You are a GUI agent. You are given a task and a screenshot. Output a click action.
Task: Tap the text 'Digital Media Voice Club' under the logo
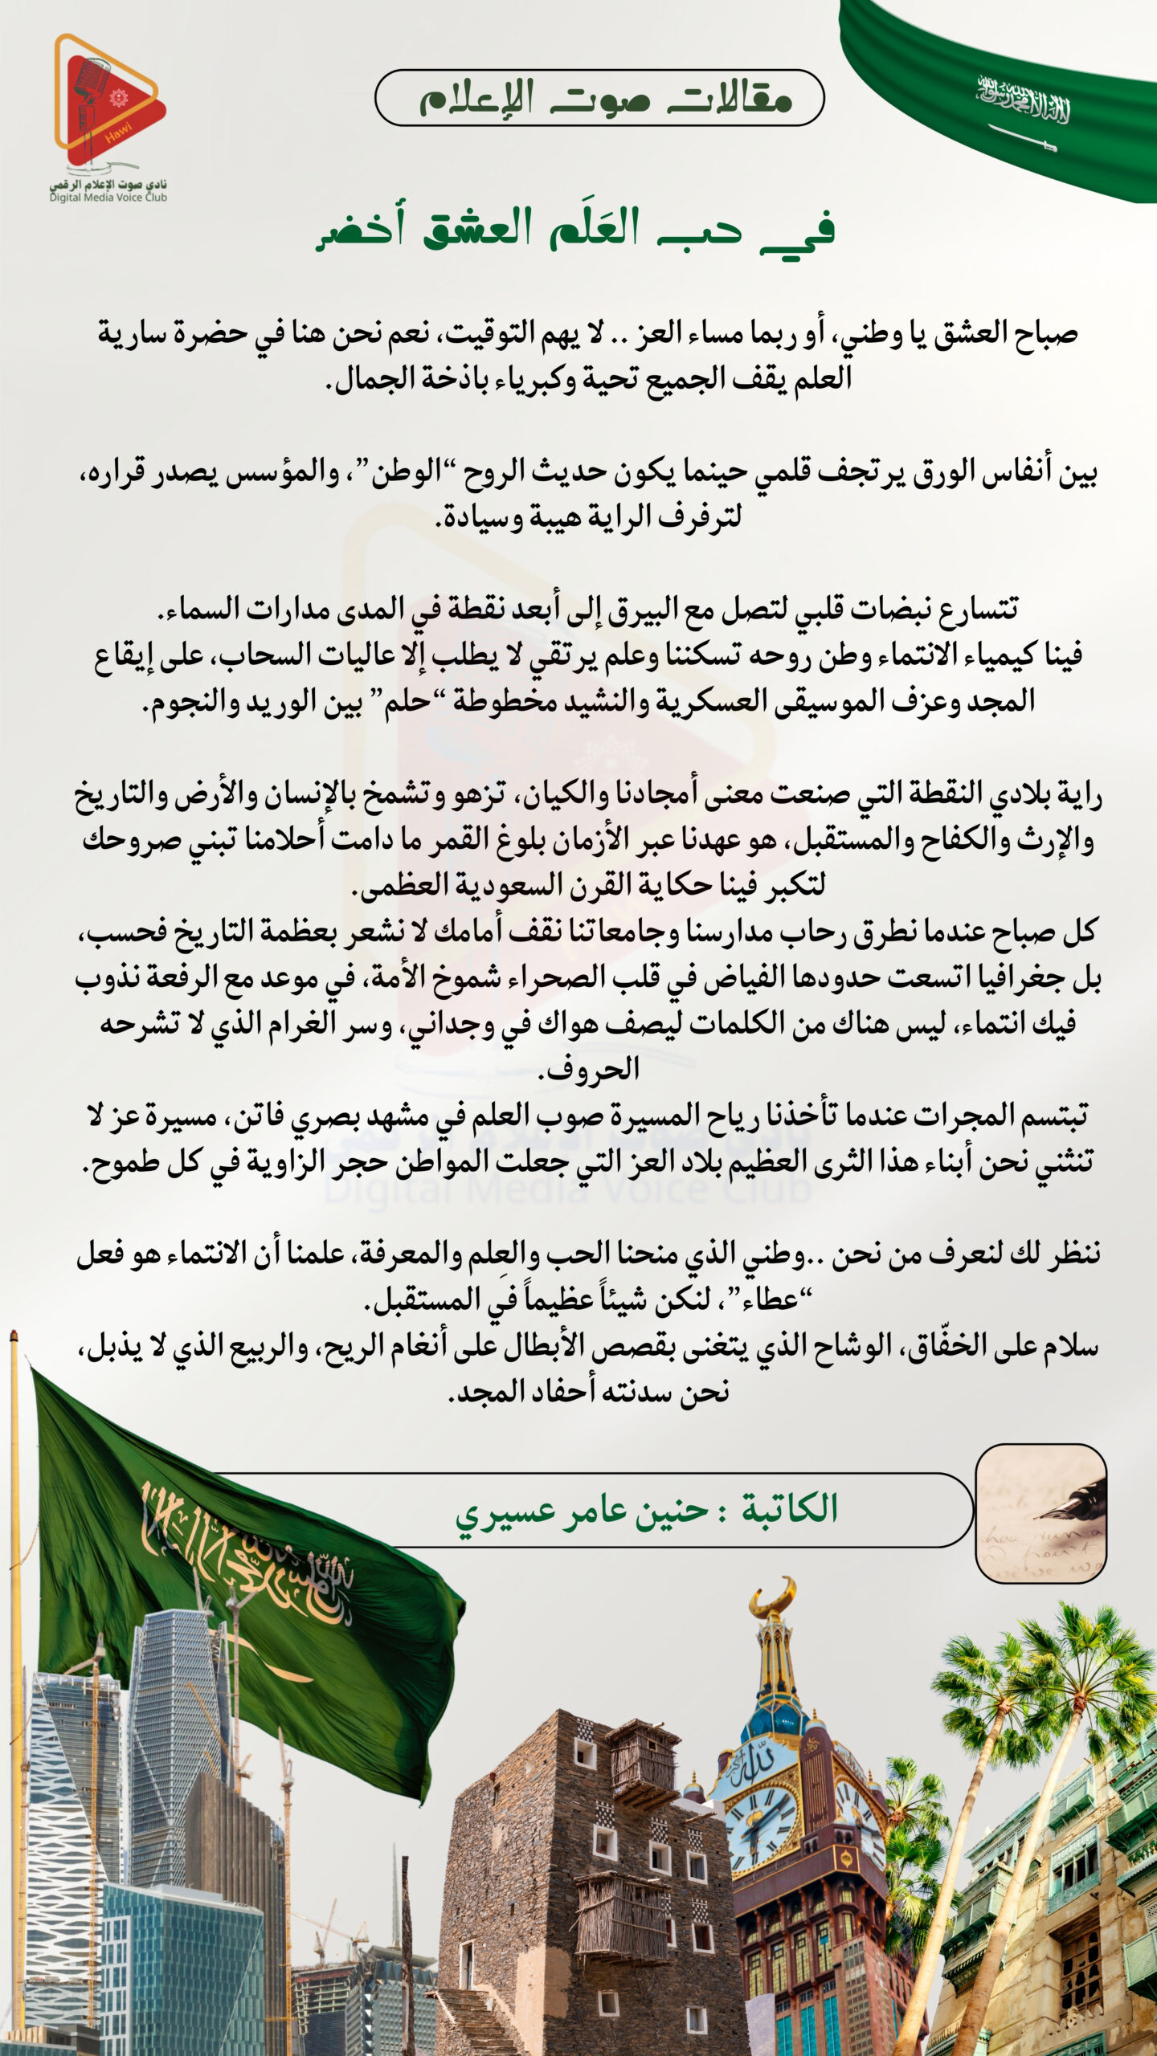pos(108,198)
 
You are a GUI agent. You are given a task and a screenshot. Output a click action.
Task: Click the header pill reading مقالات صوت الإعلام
pos(599,98)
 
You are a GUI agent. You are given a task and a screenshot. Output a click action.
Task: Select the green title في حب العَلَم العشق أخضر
pos(575,229)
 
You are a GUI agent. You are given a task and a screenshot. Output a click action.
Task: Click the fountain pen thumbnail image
pos(1040,1512)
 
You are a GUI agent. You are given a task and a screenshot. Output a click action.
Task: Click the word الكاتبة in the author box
pos(789,1509)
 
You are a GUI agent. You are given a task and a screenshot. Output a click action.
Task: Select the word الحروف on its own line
pos(588,1070)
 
